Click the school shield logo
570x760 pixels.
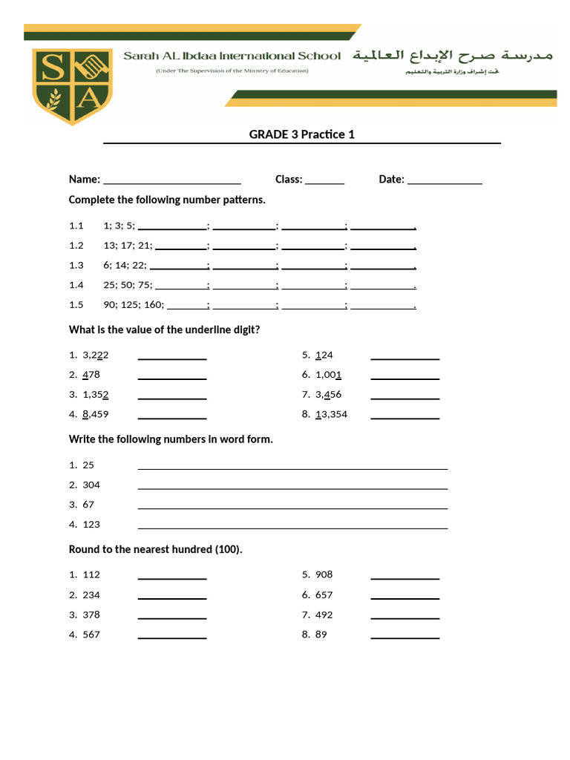click(72, 86)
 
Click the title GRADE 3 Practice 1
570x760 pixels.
click(301, 134)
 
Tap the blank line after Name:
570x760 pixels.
click(172, 181)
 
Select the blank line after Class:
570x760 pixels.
click(324, 181)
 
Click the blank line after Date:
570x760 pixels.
click(445, 181)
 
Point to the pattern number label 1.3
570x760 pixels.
click(76, 265)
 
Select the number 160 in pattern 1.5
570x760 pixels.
click(154, 304)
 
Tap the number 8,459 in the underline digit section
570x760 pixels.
click(96, 414)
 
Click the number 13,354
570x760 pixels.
click(331, 414)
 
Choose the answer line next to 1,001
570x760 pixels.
click(404, 378)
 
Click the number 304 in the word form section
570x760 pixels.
click(91, 485)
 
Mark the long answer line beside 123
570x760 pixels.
click(292, 527)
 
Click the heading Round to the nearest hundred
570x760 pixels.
click(156, 549)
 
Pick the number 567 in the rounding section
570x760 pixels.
click(91, 635)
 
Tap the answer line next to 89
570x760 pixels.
click(404, 637)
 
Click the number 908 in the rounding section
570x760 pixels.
click(324, 574)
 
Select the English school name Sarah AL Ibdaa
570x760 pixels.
click(232, 56)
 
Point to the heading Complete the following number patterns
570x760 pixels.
click(167, 200)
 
